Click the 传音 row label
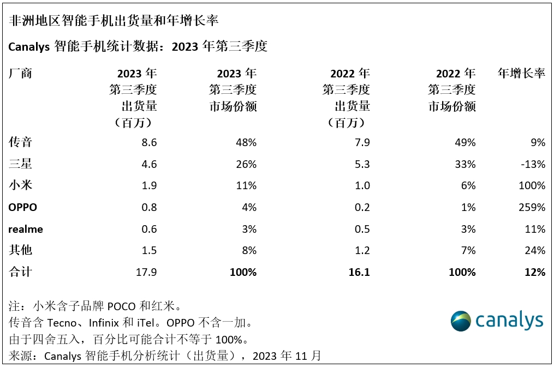pos(21,142)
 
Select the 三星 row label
pos(21,164)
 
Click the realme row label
pos(26,229)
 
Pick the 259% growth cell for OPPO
pos(532,207)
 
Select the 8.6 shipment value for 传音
pos(148,142)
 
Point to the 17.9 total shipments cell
pos(146,272)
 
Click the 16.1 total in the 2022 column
pos(358,272)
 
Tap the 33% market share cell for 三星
pos(465,164)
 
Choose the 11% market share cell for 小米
pos(246,185)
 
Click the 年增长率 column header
pos(521,74)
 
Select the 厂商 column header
pos(21,74)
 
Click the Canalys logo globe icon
pos(461,321)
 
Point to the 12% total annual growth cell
pos(535,272)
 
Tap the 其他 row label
pos(21,250)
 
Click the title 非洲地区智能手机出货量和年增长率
pos(114,20)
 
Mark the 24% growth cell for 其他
pos(535,250)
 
